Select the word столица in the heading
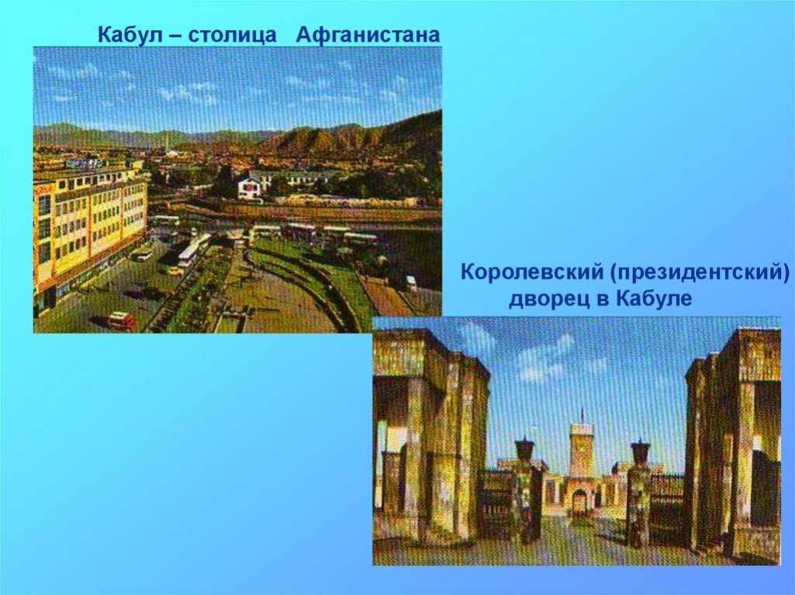[232, 36]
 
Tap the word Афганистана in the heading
[368, 35]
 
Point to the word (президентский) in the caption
[700, 273]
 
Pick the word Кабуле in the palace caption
[654, 298]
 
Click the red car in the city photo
[121, 321]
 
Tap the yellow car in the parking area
[176, 271]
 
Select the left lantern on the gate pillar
[524, 450]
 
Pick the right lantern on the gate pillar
[641, 452]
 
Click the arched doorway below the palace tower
[579, 502]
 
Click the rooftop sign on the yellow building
[85, 163]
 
